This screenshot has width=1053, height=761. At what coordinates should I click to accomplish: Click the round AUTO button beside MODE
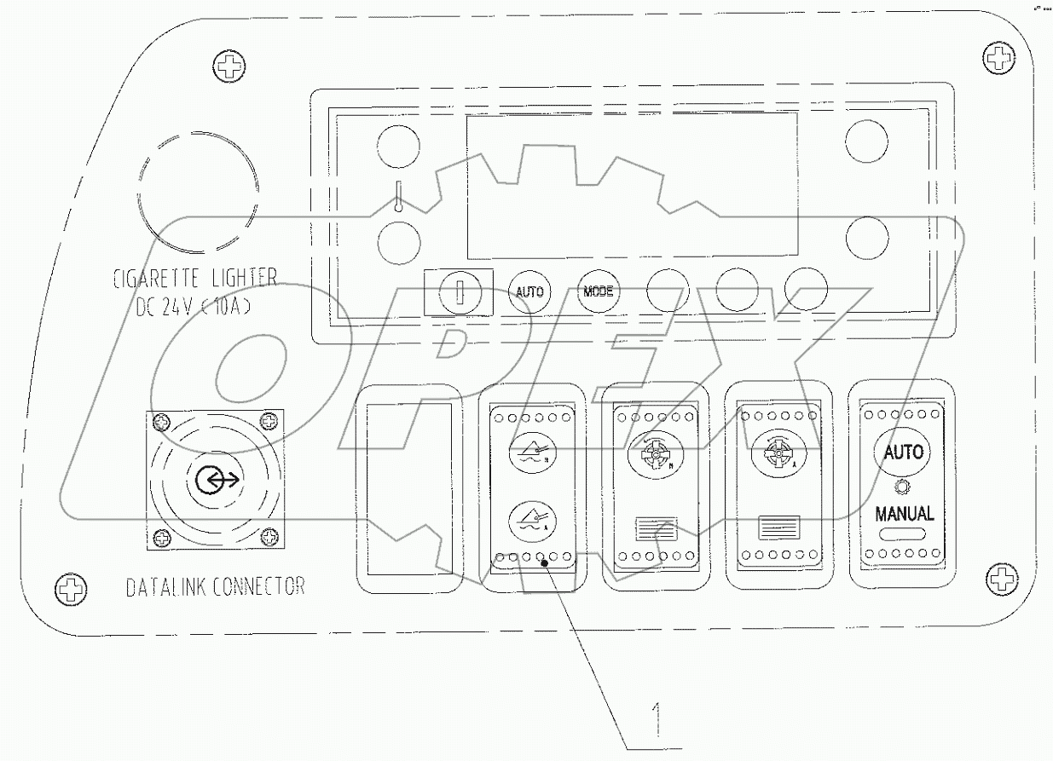(530, 291)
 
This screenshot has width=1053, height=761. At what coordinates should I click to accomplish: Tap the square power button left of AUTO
(458, 292)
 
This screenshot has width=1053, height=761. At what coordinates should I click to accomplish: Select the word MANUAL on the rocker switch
(905, 514)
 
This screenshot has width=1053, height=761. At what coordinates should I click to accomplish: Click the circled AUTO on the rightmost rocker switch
(903, 452)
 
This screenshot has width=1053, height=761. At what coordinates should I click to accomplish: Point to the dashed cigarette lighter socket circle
(198, 193)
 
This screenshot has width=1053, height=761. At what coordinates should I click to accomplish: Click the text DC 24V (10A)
(194, 308)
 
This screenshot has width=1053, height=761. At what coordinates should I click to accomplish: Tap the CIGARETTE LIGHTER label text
(194, 278)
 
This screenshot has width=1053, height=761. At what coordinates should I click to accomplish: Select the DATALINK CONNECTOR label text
(214, 586)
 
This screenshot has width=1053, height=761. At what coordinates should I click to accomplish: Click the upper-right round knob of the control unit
(867, 141)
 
